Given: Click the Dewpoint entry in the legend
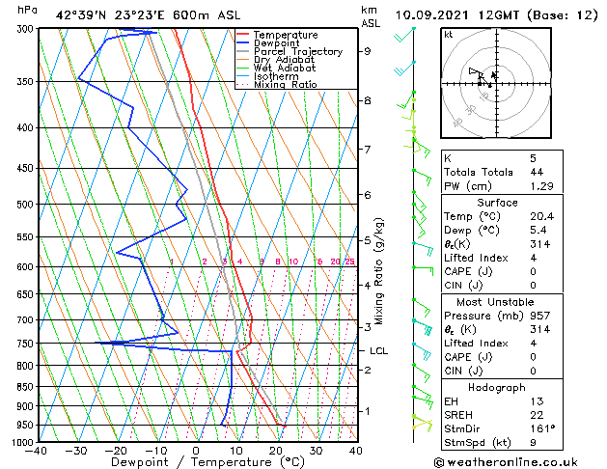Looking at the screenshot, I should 285,43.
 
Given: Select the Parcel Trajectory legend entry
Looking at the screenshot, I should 297,52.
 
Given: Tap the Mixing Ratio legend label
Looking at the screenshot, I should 285,85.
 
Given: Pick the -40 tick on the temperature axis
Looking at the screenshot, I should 38,451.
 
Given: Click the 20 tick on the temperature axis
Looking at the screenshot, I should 275,451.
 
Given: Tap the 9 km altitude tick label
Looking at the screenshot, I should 367,51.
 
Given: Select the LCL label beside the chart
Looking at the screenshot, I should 378,351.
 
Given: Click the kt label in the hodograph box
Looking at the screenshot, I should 449,35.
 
